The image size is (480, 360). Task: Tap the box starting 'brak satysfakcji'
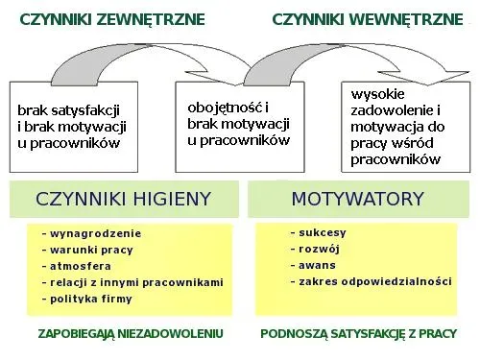pyautogui.click(x=73, y=128)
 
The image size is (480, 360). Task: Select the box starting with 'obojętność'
pyautogui.click(x=238, y=124)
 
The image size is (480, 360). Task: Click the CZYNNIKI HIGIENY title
pyautogui.click(x=123, y=199)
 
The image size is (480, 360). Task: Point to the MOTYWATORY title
pyautogui.click(x=357, y=199)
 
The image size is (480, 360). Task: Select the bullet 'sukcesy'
pyautogui.click(x=323, y=233)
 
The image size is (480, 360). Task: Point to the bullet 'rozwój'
pyautogui.click(x=319, y=250)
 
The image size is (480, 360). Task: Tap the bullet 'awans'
pyautogui.click(x=317, y=266)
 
